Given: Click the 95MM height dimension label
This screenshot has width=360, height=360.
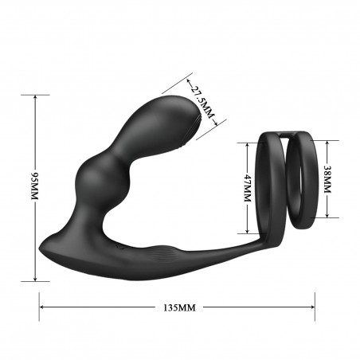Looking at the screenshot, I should point(33,188).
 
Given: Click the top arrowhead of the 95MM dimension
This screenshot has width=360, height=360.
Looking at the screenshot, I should point(34,97).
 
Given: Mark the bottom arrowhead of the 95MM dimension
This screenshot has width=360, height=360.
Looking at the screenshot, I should point(34,278).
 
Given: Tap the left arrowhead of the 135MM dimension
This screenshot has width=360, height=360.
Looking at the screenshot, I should point(43,305).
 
